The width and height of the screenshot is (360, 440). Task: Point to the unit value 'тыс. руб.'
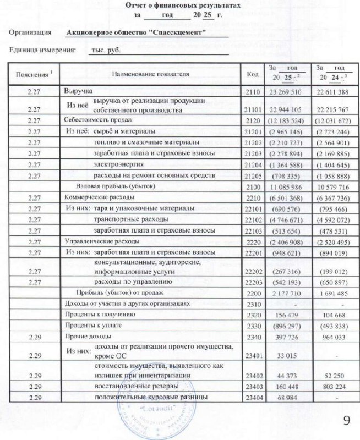point(106,50)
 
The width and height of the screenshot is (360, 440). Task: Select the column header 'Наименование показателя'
point(150,74)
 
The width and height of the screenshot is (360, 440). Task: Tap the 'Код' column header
point(252,74)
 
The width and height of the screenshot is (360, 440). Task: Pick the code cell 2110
point(252,91)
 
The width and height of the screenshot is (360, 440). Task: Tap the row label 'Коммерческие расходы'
point(91,197)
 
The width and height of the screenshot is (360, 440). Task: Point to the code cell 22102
point(252,219)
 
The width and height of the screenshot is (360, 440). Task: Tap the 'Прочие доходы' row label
point(84,337)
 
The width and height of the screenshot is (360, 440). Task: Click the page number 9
point(346,421)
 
